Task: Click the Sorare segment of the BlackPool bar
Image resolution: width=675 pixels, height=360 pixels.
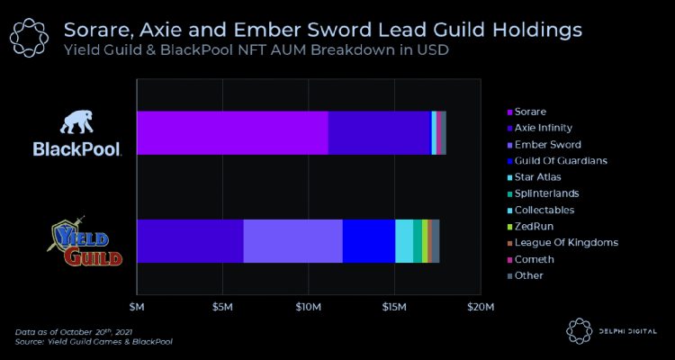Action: [x=232, y=132]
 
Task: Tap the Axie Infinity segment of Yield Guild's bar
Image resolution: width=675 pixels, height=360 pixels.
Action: [x=190, y=240]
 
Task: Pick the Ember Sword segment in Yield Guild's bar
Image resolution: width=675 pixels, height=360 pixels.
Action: [x=292, y=240]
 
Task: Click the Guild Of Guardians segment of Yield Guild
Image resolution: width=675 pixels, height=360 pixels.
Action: [x=368, y=240]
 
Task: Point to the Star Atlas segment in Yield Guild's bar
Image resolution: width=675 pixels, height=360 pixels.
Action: [x=404, y=240]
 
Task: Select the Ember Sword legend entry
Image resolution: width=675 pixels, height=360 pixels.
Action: [x=547, y=144]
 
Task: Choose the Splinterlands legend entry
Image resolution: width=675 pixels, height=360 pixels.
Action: [x=546, y=193]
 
